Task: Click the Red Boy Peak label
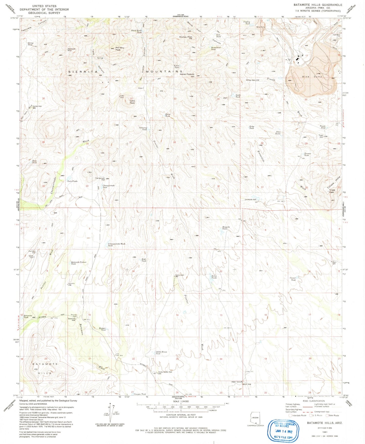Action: point(120,49)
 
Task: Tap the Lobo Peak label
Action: point(132,102)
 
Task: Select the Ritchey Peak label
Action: point(186,37)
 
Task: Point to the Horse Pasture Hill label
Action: point(187,75)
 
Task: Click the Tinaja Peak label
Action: point(332,191)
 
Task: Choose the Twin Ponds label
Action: point(72,181)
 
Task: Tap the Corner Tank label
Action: point(293,279)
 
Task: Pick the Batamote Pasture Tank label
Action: point(79,263)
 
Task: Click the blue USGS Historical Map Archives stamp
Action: point(284,430)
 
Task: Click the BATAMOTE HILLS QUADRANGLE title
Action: point(318,5)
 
